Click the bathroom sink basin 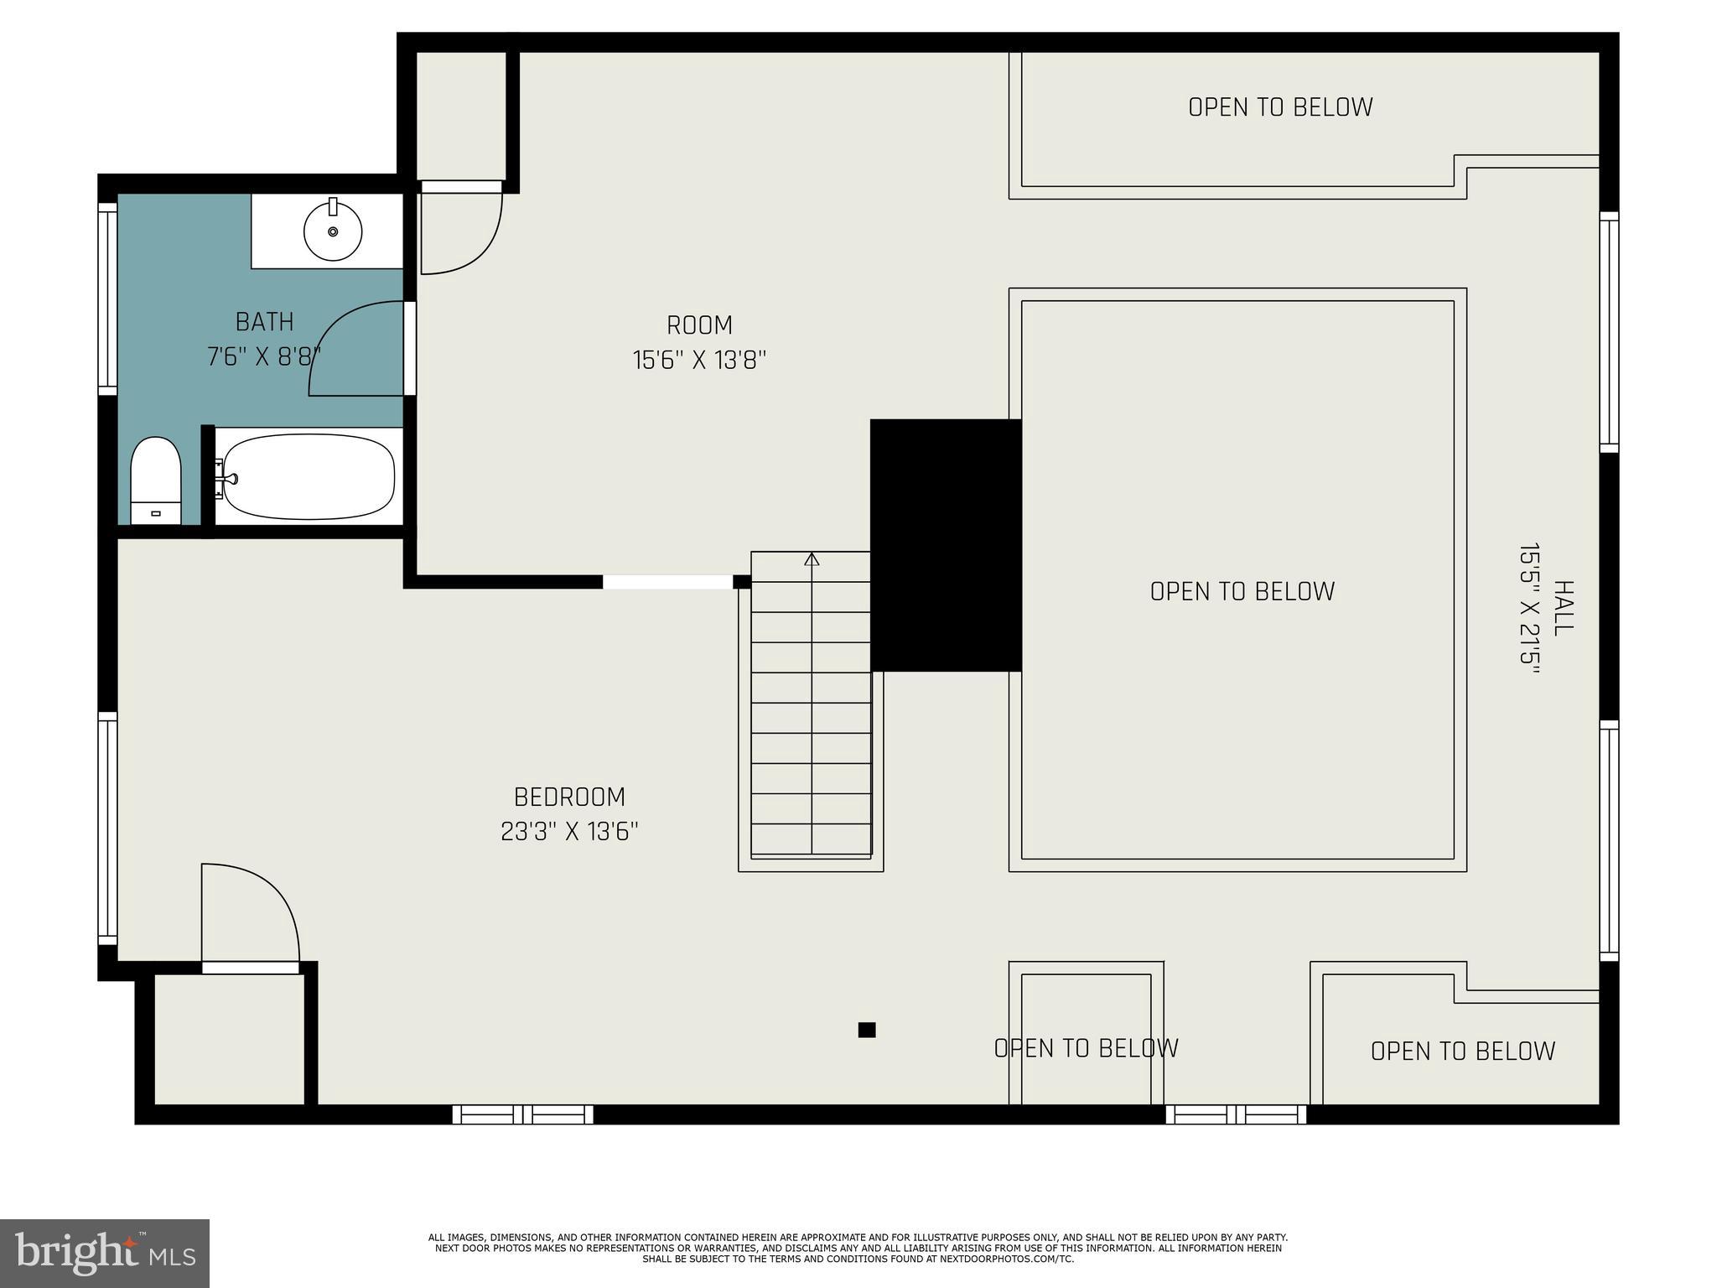coord(333,231)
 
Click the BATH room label coord(264,322)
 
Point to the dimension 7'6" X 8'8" coord(264,357)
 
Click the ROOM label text coord(699,325)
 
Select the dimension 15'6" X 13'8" coord(699,361)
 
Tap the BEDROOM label coord(569,797)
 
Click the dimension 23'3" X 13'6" coord(569,832)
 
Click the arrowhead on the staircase coord(812,558)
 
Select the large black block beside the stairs coord(946,545)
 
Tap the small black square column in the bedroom coord(867,1030)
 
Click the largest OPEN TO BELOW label coord(1242,591)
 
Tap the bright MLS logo coord(105,1254)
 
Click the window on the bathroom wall coord(107,298)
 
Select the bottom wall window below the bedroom coord(523,1114)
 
